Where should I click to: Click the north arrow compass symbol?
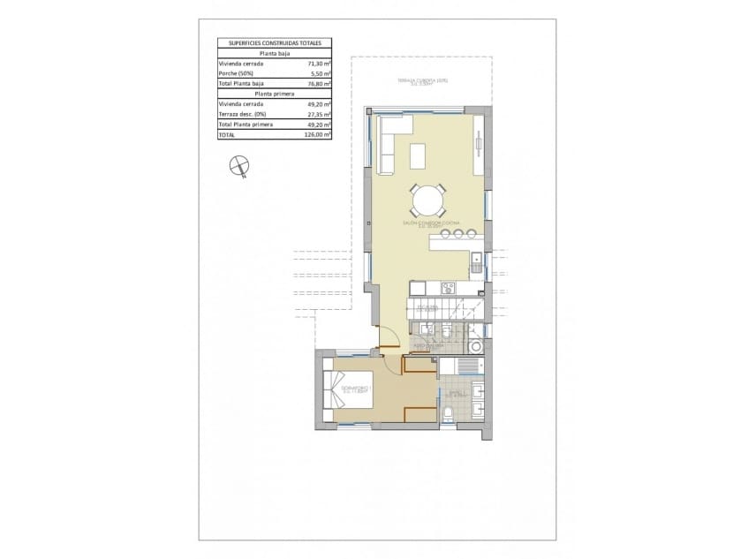[238, 165]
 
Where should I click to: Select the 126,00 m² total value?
[319, 136]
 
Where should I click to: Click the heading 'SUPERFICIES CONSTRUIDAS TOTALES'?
[274, 42]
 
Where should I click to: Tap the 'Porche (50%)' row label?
[236, 74]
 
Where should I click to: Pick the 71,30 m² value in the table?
[319, 64]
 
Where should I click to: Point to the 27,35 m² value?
[319, 114]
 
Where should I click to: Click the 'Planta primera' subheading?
[274, 93]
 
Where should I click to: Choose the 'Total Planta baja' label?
[240, 84]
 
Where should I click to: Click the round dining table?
[428, 200]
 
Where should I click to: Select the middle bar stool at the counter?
[457, 233]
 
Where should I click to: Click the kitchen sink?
[476, 261]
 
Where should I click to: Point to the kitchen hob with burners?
[448, 286]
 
